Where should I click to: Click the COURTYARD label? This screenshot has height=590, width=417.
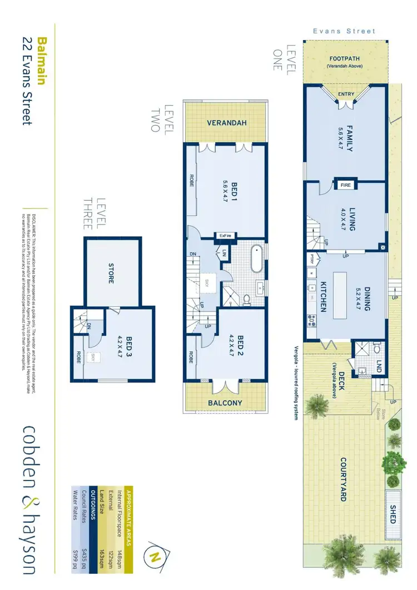point(343,479)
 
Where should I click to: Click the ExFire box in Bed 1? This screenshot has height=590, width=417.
point(225,236)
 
